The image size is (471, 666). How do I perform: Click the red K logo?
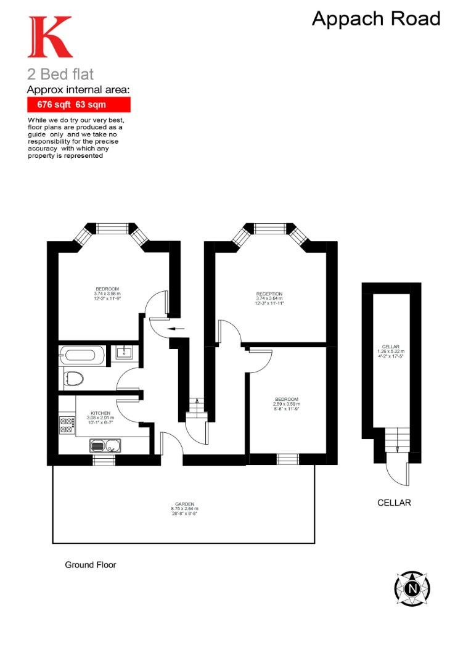(x=49, y=37)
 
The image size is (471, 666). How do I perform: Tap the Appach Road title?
(x=376, y=19)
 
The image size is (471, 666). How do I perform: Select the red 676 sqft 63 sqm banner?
(x=78, y=105)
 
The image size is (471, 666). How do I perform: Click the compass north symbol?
(x=412, y=588)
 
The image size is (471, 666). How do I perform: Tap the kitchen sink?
(x=103, y=445)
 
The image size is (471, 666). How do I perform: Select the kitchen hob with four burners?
(x=67, y=425)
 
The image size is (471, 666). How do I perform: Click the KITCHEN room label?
(x=100, y=413)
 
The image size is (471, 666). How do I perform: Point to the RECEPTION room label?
(x=269, y=294)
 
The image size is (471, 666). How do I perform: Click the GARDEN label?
(x=184, y=504)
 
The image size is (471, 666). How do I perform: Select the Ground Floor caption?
(x=91, y=564)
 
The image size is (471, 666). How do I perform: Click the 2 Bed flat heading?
(x=60, y=75)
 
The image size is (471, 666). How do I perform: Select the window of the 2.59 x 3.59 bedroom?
(x=287, y=459)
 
